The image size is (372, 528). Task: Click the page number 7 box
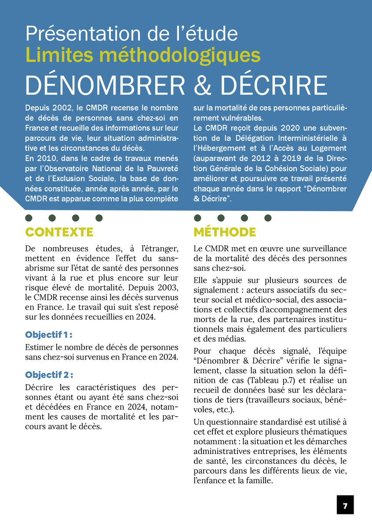tap(345, 505)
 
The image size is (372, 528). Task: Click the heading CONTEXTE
tap(59, 232)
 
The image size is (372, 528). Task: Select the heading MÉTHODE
tap(225, 232)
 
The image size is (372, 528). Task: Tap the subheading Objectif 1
tap(49, 334)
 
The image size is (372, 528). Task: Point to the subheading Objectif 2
tap(49, 375)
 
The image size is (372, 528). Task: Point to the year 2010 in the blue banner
tap(46, 159)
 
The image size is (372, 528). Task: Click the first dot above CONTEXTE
tap(29, 217)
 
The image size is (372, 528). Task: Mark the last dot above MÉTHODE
tap(268, 217)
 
